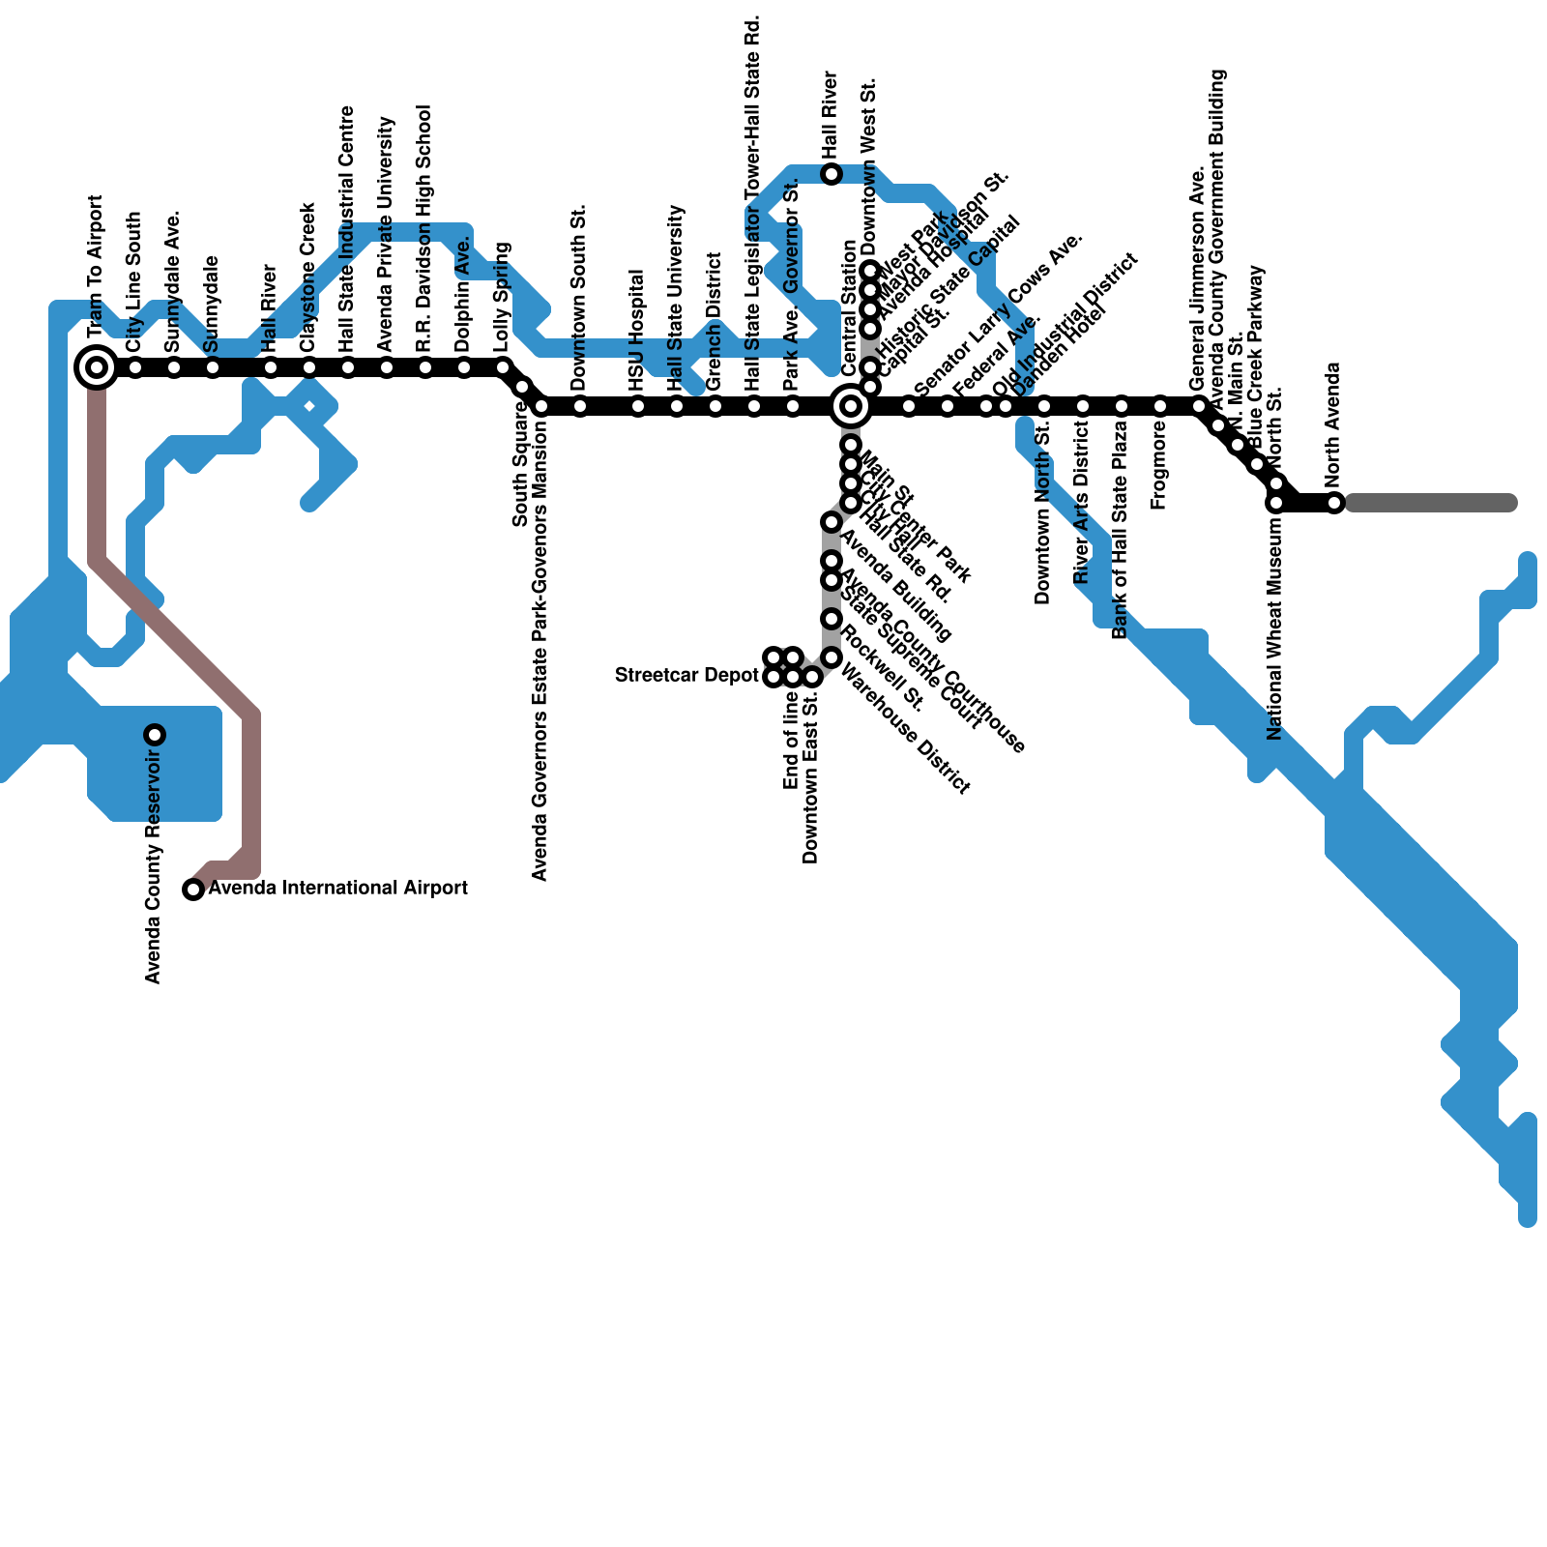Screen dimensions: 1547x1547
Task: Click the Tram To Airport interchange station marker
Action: click(97, 367)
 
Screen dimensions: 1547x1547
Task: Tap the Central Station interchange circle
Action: click(851, 406)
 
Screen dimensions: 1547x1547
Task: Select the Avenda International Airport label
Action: click(337, 888)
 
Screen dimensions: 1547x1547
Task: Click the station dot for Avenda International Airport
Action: click(193, 890)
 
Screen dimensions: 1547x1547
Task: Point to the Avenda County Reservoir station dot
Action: click(155, 735)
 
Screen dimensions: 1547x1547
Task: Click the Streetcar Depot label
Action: click(686, 675)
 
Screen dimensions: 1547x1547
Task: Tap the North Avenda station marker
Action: click(1334, 503)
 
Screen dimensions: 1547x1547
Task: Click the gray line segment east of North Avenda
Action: click(1431, 503)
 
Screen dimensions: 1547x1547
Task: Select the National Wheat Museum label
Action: click(1274, 628)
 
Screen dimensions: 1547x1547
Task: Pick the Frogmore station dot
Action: click(1160, 406)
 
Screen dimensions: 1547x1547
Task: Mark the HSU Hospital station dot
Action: click(638, 406)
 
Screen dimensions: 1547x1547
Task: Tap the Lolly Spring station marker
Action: click(503, 367)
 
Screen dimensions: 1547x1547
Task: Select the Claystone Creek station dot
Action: click(309, 367)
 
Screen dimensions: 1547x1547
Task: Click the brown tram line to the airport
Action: click(174, 638)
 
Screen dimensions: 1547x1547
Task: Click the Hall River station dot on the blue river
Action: click(832, 174)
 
